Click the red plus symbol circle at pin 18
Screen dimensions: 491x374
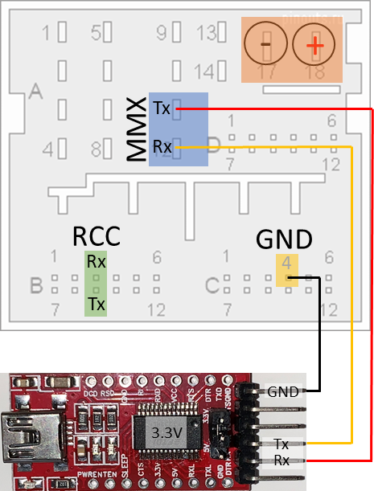click(314, 45)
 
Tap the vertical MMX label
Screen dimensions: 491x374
click(137, 130)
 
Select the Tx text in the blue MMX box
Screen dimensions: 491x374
click(162, 108)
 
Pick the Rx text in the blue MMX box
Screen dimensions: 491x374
click(162, 147)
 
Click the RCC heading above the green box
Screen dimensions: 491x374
click(97, 236)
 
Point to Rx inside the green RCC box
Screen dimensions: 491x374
click(97, 262)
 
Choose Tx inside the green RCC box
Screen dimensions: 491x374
click(97, 304)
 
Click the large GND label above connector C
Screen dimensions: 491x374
click(283, 239)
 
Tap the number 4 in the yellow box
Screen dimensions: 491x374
click(287, 263)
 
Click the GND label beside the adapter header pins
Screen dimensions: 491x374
click(283, 392)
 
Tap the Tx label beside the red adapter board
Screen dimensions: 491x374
click(282, 444)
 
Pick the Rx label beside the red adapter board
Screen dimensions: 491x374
click(282, 460)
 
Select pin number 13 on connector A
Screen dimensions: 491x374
click(206, 34)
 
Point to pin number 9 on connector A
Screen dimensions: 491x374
click(161, 34)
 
